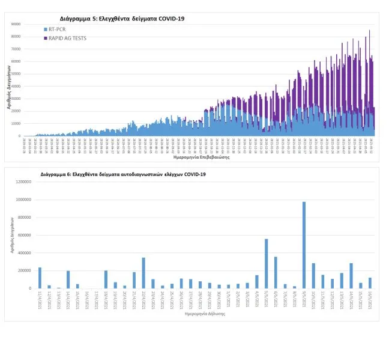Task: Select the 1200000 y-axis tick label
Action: click(20, 182)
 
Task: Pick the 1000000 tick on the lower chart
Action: click(20, 200)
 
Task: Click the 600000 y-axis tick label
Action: click(22, 235)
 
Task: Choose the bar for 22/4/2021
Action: click(143, 273)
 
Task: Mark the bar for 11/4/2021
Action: click(40, 278)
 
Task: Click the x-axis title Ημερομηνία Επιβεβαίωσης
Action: click(198, 158)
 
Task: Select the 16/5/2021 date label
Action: click(370, 299)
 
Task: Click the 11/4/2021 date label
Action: click(40, 299)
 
